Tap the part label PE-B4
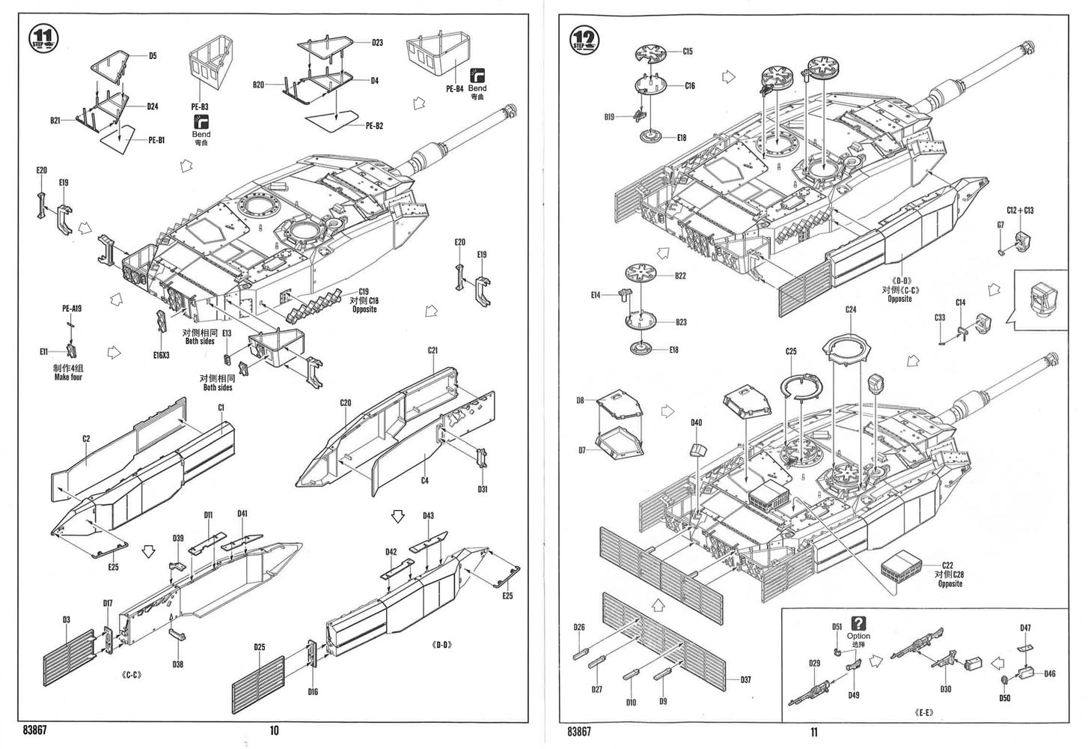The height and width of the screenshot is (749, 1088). point(454,89)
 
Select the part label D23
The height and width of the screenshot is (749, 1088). point(377,43)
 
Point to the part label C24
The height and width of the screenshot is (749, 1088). point(851,309)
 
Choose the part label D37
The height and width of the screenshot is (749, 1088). point(745,680)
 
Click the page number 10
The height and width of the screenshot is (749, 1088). point(274,731)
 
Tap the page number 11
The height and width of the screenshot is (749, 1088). point(813,732)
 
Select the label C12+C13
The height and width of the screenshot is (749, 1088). point(1020,210)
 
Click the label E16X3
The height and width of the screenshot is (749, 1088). point(161,354)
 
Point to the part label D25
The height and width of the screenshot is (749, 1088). point(260,647)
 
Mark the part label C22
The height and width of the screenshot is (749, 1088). point(947,565)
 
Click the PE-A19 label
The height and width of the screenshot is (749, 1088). point(73,308)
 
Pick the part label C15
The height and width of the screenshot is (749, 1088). point(688,52)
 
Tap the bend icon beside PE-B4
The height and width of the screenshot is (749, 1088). point(477,75)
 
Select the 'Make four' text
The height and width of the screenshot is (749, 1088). point(67,377)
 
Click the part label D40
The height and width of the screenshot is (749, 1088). point(697,423)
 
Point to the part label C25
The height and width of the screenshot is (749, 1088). point(791,351)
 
